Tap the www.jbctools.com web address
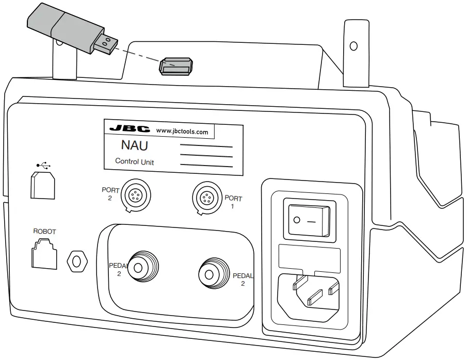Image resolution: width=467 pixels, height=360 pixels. (x=182, y=132)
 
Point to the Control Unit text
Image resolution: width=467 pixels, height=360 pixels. (x=134, y=161)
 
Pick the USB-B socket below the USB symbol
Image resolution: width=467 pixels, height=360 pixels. (x=43, y=186)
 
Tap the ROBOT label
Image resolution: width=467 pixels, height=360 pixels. (x=44, y=232)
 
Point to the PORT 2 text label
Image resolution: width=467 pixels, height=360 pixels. (x=110, y=193)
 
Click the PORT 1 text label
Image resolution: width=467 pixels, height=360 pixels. (x=233, y=202)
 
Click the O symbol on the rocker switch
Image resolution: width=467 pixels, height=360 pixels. (x=296, y=220)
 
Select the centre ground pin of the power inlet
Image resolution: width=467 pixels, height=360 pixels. (x=314, y=298)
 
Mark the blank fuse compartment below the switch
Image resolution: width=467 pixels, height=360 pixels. (x=309, y=256)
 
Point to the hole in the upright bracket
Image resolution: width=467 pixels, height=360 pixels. (x=353, y=46)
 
